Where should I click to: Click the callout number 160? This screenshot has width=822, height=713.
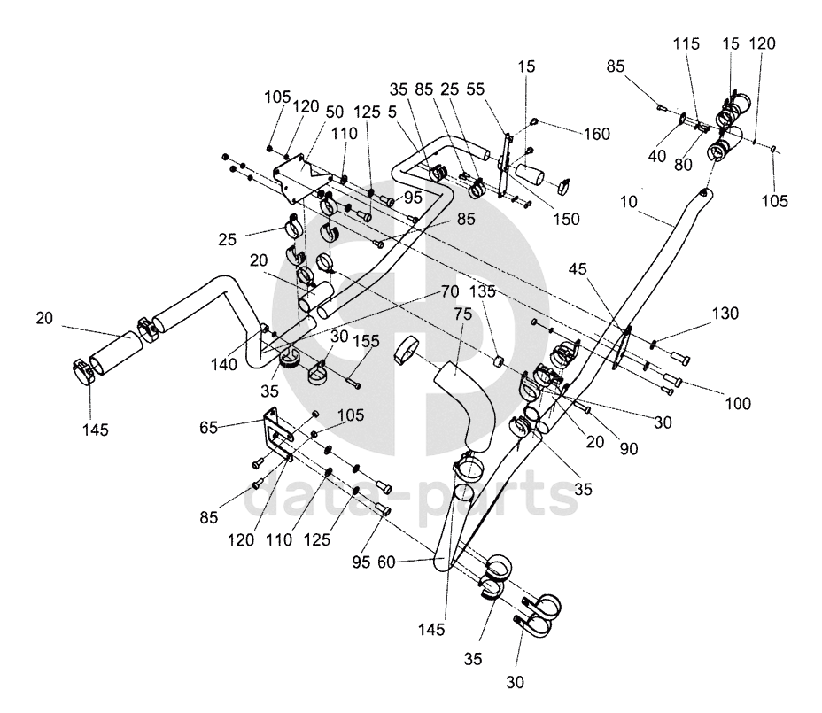tap(597, 135)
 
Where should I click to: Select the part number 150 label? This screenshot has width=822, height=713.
tap(566, 219)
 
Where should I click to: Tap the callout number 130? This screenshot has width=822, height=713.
tap(725, 314)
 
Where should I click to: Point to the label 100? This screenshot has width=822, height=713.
tap(738, 403)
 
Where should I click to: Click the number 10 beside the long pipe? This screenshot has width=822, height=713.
tap(628, 201)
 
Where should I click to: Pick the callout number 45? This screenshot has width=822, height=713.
tap(578, 269)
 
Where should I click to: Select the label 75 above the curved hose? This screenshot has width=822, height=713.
tap(463, 314)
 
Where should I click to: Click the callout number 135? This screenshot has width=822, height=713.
tap(482, 291)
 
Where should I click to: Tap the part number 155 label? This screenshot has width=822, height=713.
tap(366, 341)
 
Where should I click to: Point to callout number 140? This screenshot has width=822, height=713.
tap(224, 364)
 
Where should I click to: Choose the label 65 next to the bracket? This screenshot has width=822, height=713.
tap(208, 427)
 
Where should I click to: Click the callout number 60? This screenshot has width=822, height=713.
tap(386, 562)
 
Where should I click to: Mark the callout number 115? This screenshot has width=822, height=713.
tap(686, 43)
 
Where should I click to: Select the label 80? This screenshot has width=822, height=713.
tap(683, 165)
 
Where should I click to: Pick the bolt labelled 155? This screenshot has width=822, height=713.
tap(353, 383)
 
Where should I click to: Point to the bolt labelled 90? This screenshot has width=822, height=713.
tap(583, 406)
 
